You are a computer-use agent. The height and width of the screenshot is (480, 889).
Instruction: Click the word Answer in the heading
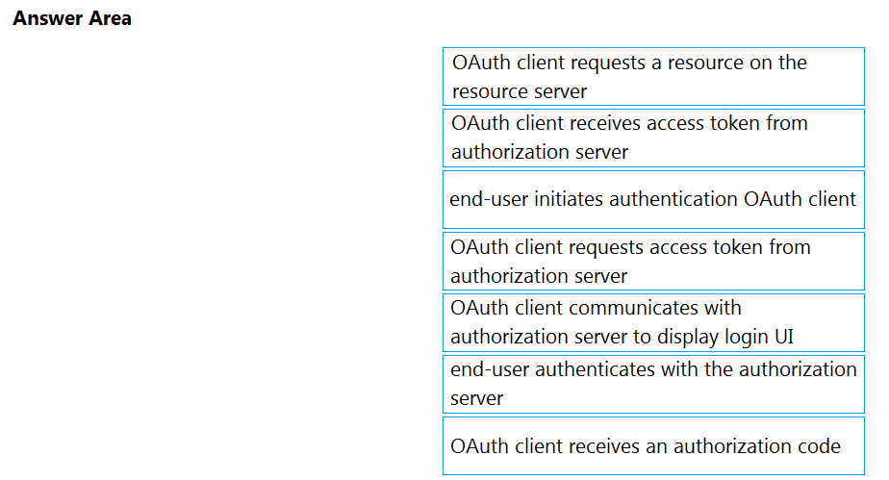click(49, 18)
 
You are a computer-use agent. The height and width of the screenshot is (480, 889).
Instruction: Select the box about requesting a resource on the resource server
click(653, 77)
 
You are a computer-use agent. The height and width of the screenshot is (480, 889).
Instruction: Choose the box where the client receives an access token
click(653, 139)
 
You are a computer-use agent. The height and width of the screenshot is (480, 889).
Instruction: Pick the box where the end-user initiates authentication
click(653, 199)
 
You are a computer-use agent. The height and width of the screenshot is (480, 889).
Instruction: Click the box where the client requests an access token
click(653, 262)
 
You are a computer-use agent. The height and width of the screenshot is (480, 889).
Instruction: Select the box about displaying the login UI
click(653, 322)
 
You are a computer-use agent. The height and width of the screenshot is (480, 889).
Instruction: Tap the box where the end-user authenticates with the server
click(653, 384)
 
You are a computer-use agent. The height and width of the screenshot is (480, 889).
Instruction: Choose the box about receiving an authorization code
click(653, 446)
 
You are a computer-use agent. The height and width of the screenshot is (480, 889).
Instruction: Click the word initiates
click(569, 199)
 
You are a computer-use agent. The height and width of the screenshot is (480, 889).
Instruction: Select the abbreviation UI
click(784, 337)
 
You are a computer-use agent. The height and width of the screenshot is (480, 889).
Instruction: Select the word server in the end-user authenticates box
click(477, 398)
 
